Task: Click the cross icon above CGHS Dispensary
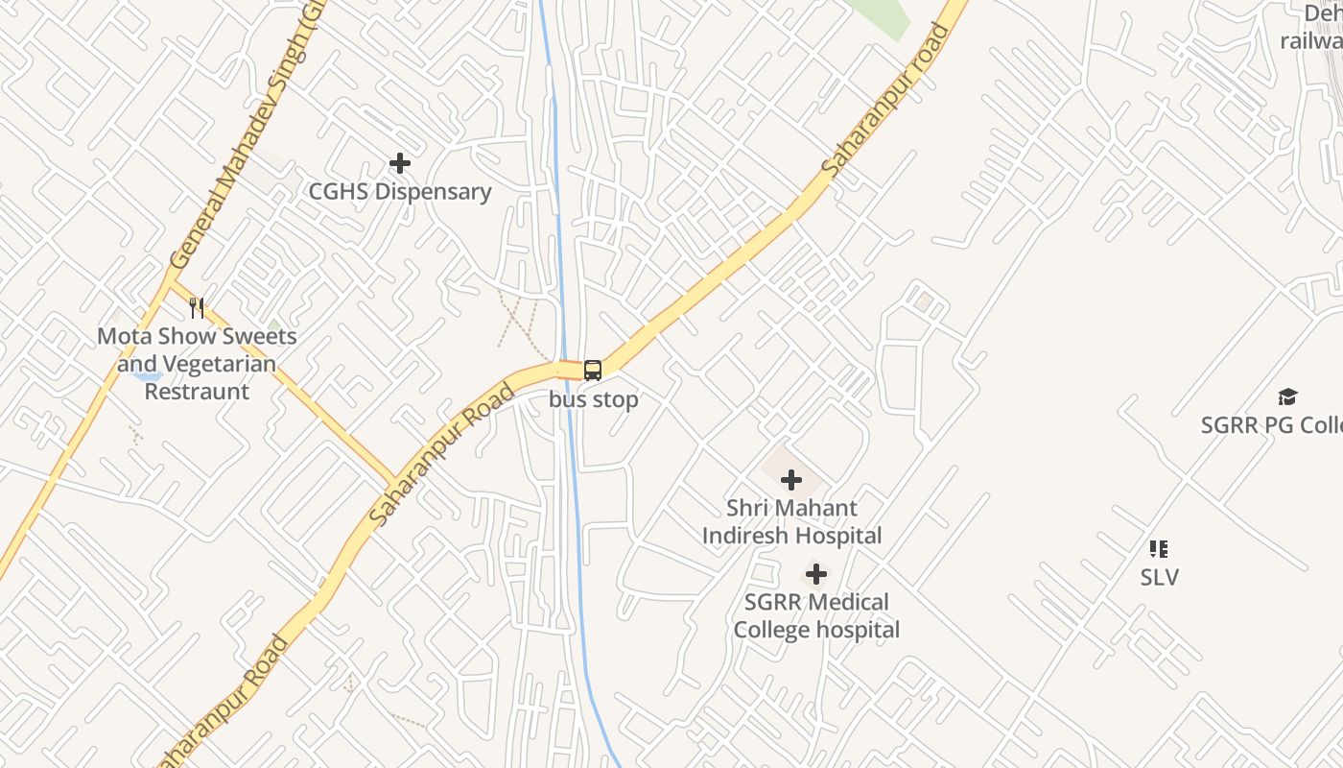pyautogui.click(x=400, y=164)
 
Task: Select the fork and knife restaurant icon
pyautogui.click(x=197, y=308)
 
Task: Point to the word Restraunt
pyautogui.click(x=197, y=392)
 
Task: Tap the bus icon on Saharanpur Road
pyautogui.click(x=593, y=371)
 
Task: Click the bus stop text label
pyautogui.click(x=594, y=399)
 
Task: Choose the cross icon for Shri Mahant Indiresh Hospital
pyautogui.click(x=791, y=479)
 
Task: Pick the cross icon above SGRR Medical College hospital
pyautogui.click(x=815, y=575)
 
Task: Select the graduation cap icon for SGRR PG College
pyautogui.click(x=1287, y=396)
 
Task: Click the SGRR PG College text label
pyautogui.click(x=1271, y=424)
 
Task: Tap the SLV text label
pyautogui.click(x=1159, y=578)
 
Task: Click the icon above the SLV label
pyautogui.click(x=1159, y=549)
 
